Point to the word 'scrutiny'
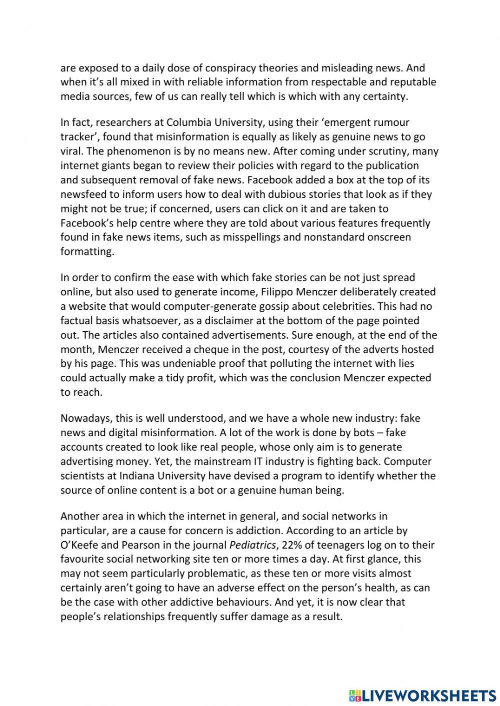(390, 151)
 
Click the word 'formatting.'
(87, 252)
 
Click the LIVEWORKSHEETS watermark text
(428, 695)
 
